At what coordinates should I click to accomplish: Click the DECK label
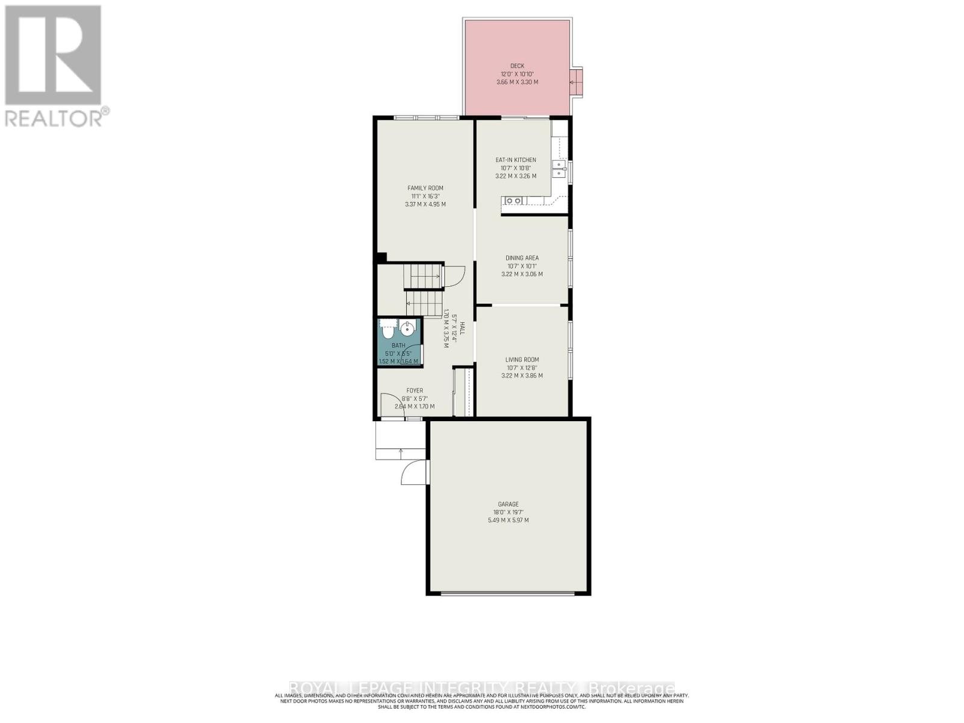click(517, 66)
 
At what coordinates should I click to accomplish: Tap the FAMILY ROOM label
click(425, 188)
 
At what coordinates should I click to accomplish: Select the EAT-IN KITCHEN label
click(516, 160)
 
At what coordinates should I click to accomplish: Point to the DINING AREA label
click(522, 258)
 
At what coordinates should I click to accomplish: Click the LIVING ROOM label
click(522, 360)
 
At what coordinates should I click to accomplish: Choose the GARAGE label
click(508, 504)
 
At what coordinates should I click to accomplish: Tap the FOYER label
click(415, 390)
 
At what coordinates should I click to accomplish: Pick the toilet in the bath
click(388, 331)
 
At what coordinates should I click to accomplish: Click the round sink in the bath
click(408, 329)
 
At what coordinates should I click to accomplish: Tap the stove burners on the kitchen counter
click(513, 201)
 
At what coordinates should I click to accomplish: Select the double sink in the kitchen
click(560, 169)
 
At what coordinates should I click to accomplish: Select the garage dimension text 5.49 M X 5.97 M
click(508, 520)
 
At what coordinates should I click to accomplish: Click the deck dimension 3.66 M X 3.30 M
click(517, 82)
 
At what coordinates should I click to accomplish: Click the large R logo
click(53, 55)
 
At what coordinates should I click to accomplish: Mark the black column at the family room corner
click(381, 257)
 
